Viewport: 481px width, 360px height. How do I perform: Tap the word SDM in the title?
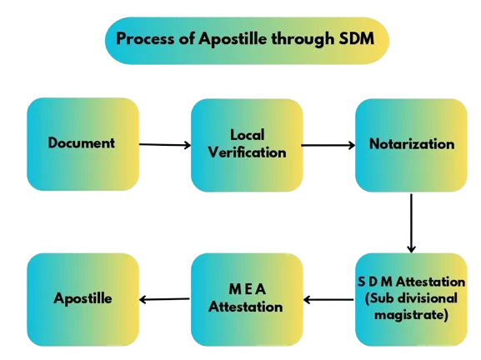point(357,38)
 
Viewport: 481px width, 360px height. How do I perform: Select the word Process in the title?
point(145,38)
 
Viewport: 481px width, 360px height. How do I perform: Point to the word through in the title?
point(303,39)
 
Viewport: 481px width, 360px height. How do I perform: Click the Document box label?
point(82,142)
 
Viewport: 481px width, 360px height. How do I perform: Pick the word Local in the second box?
point(248,135)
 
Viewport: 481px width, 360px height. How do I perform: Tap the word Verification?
point(248,152)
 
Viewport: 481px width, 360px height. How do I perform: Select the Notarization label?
point(412,144)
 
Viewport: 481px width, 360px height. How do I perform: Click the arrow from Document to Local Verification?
point(165,144)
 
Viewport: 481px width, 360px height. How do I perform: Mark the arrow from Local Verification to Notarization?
point(328,145)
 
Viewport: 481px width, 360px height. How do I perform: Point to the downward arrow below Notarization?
point(411,223)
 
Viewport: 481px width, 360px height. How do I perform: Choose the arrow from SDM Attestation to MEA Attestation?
point(328,300)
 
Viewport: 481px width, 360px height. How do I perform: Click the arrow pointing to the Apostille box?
point(164,299)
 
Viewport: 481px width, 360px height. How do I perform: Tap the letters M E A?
point(248,289)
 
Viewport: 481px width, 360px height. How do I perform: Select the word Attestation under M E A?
point(246,307)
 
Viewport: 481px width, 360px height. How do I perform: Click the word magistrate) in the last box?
point(411,315)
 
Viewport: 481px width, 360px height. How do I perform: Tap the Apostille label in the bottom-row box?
point(83,298)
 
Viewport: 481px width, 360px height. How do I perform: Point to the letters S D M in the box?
point(375,282)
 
